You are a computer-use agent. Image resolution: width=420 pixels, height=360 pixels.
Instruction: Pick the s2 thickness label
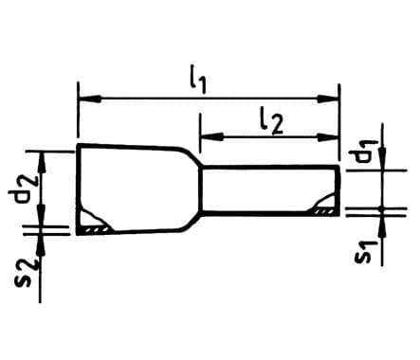point(28,275)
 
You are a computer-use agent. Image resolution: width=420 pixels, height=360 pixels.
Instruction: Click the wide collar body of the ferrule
point(133,189)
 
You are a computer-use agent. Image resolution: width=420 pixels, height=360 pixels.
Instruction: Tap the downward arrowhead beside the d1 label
point(380,160)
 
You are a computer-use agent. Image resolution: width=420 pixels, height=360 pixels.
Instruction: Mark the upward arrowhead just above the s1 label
point(380,225)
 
